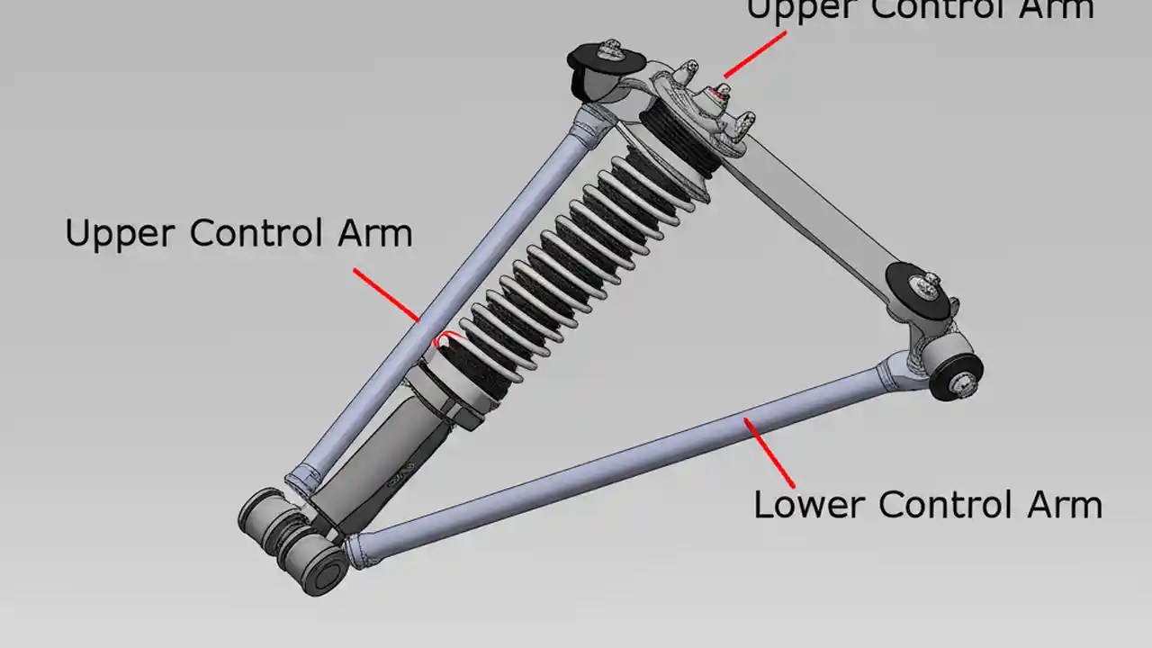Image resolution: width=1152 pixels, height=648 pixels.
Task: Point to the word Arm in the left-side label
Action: pyautogui.click(x=374, y=234)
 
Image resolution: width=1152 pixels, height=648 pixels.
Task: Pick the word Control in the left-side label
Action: pyautogui.click(x=255, y=234)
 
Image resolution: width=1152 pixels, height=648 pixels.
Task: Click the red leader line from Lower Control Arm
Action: pyautogui.click(x=769, y=453)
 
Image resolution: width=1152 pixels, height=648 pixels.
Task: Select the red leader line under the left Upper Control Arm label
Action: pyautogui.click(x=387, y=293)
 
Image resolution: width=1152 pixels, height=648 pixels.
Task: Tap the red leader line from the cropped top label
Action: pyautogui.click(x=754, y=54)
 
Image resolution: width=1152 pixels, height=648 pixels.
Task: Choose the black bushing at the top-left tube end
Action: pyautogui.click(x=594, y=72)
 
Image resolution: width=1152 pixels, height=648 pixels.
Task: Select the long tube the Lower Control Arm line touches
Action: pyautogui.click(x=630, y=459)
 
